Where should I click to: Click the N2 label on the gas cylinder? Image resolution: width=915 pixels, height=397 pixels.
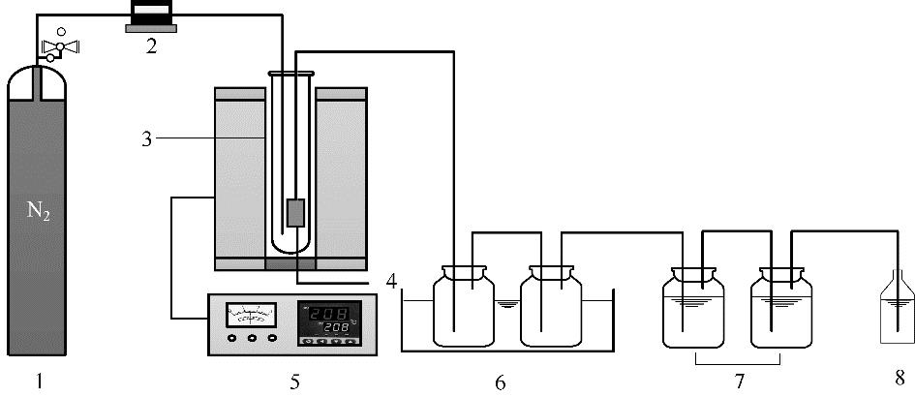click(39, 211)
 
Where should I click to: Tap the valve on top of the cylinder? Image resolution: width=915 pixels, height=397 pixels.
click(59, 46)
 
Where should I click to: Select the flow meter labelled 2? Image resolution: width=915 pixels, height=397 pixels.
click(151, 16)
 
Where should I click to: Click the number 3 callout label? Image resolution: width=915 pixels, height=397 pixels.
click(146, 139)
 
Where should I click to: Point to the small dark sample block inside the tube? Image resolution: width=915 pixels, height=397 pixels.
click(296, 212)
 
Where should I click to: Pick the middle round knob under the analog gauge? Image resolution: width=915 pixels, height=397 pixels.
click(252, 338)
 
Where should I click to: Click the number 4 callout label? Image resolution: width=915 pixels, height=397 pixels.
click(391, 282)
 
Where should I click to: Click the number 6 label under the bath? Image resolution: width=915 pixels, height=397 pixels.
click(500, 382)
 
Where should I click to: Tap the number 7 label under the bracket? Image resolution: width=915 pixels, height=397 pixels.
click(740, 382)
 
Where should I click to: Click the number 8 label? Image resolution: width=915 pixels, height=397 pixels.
click(900, 378)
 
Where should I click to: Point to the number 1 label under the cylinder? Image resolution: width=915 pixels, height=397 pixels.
click(39, 382)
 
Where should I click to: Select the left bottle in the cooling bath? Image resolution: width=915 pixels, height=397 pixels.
click(464, 306)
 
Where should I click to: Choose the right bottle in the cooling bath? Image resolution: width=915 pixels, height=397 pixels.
click(551, 306)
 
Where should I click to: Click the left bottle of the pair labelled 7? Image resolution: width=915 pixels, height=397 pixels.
click(693, 307)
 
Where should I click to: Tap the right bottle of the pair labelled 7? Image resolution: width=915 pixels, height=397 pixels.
click(781, 307)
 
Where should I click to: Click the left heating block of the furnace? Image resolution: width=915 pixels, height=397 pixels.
click(240, 178)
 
